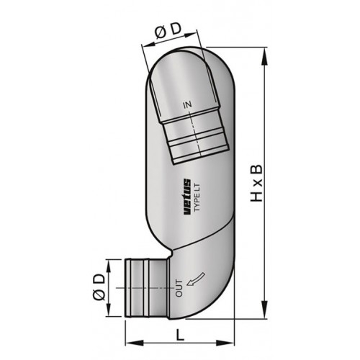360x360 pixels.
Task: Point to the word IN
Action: click(188, 106)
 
